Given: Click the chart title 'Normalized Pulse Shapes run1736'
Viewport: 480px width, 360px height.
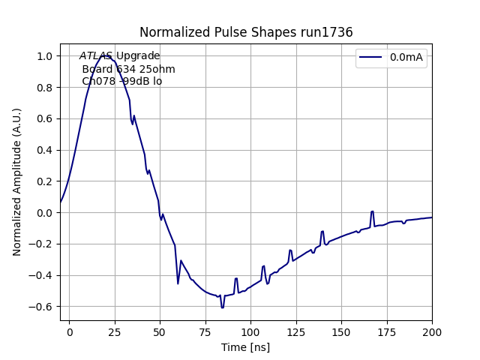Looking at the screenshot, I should click(x=246, y=32).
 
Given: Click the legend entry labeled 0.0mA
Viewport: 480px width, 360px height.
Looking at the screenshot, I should click(x=407, y=57).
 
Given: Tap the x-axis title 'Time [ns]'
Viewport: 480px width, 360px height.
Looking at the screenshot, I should click(x=246, y=347).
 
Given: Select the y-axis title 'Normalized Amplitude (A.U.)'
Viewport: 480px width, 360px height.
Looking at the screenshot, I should click(x=16, y=181).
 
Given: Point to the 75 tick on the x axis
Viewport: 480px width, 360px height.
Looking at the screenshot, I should click(x=205, y=331).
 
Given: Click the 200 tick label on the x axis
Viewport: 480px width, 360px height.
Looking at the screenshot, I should click(x=432, y=331).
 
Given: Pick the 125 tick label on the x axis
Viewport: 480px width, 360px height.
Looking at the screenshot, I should click(x=296, y=331).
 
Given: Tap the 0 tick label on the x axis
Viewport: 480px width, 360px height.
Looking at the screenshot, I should click(x=70, y=331).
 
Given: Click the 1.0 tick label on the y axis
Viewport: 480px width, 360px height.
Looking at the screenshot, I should click(x=44, y=56).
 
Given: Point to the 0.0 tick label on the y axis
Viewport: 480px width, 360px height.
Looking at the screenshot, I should click(x=44, y=213).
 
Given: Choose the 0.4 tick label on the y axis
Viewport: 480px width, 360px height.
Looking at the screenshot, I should click(x=44, y=150).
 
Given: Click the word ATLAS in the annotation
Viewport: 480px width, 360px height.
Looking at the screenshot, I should click(x=96, y=56).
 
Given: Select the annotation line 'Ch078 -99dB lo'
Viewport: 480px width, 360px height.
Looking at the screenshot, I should click(x=121, y=81).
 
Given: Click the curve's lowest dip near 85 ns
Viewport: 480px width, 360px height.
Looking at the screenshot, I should click(x=223, y=307).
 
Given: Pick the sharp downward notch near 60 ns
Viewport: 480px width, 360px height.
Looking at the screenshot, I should click(x=178, y=283).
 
